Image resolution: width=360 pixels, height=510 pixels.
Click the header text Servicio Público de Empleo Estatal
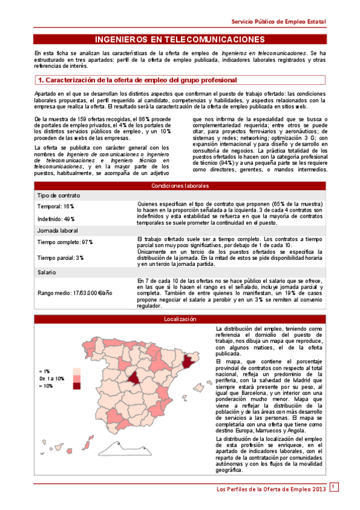click(279, 21)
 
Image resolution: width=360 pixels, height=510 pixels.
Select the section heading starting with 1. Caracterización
click(137, 80)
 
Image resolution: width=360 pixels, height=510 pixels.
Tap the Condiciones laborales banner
click(180, 185)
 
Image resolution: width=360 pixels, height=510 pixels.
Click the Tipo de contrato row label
click(58, 196)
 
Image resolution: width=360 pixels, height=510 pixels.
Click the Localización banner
click(180, 319)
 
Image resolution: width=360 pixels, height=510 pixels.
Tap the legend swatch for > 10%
click(76, 386)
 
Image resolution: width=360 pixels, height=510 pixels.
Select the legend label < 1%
click(44, 371)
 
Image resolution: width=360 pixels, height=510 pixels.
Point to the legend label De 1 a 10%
click(51, 379)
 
